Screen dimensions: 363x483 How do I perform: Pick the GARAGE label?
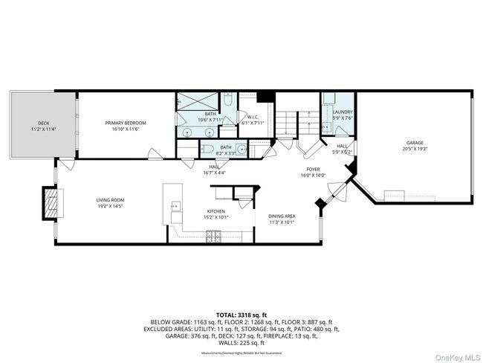click(414, 143)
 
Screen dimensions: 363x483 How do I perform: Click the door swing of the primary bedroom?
click(156, 155)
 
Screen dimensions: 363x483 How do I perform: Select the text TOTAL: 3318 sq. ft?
click(241, 315)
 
